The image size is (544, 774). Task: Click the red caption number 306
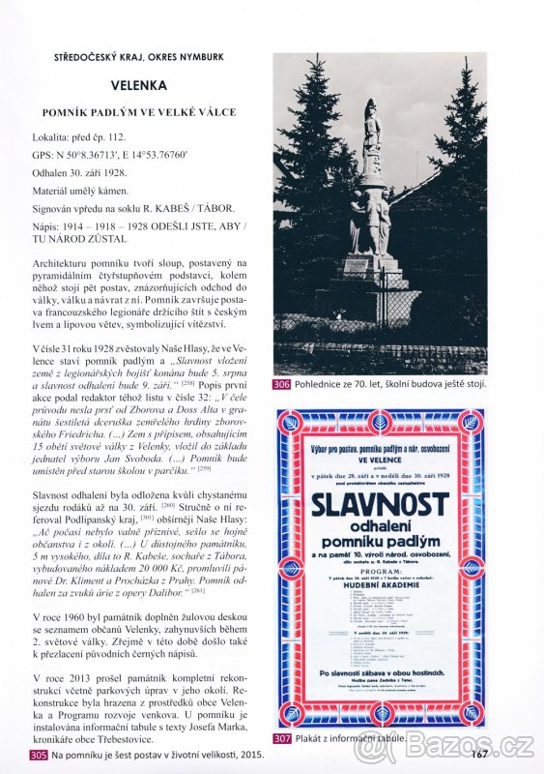point(282,384)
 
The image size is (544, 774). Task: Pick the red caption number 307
point(282,738)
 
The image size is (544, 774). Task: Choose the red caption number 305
point(39,755)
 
